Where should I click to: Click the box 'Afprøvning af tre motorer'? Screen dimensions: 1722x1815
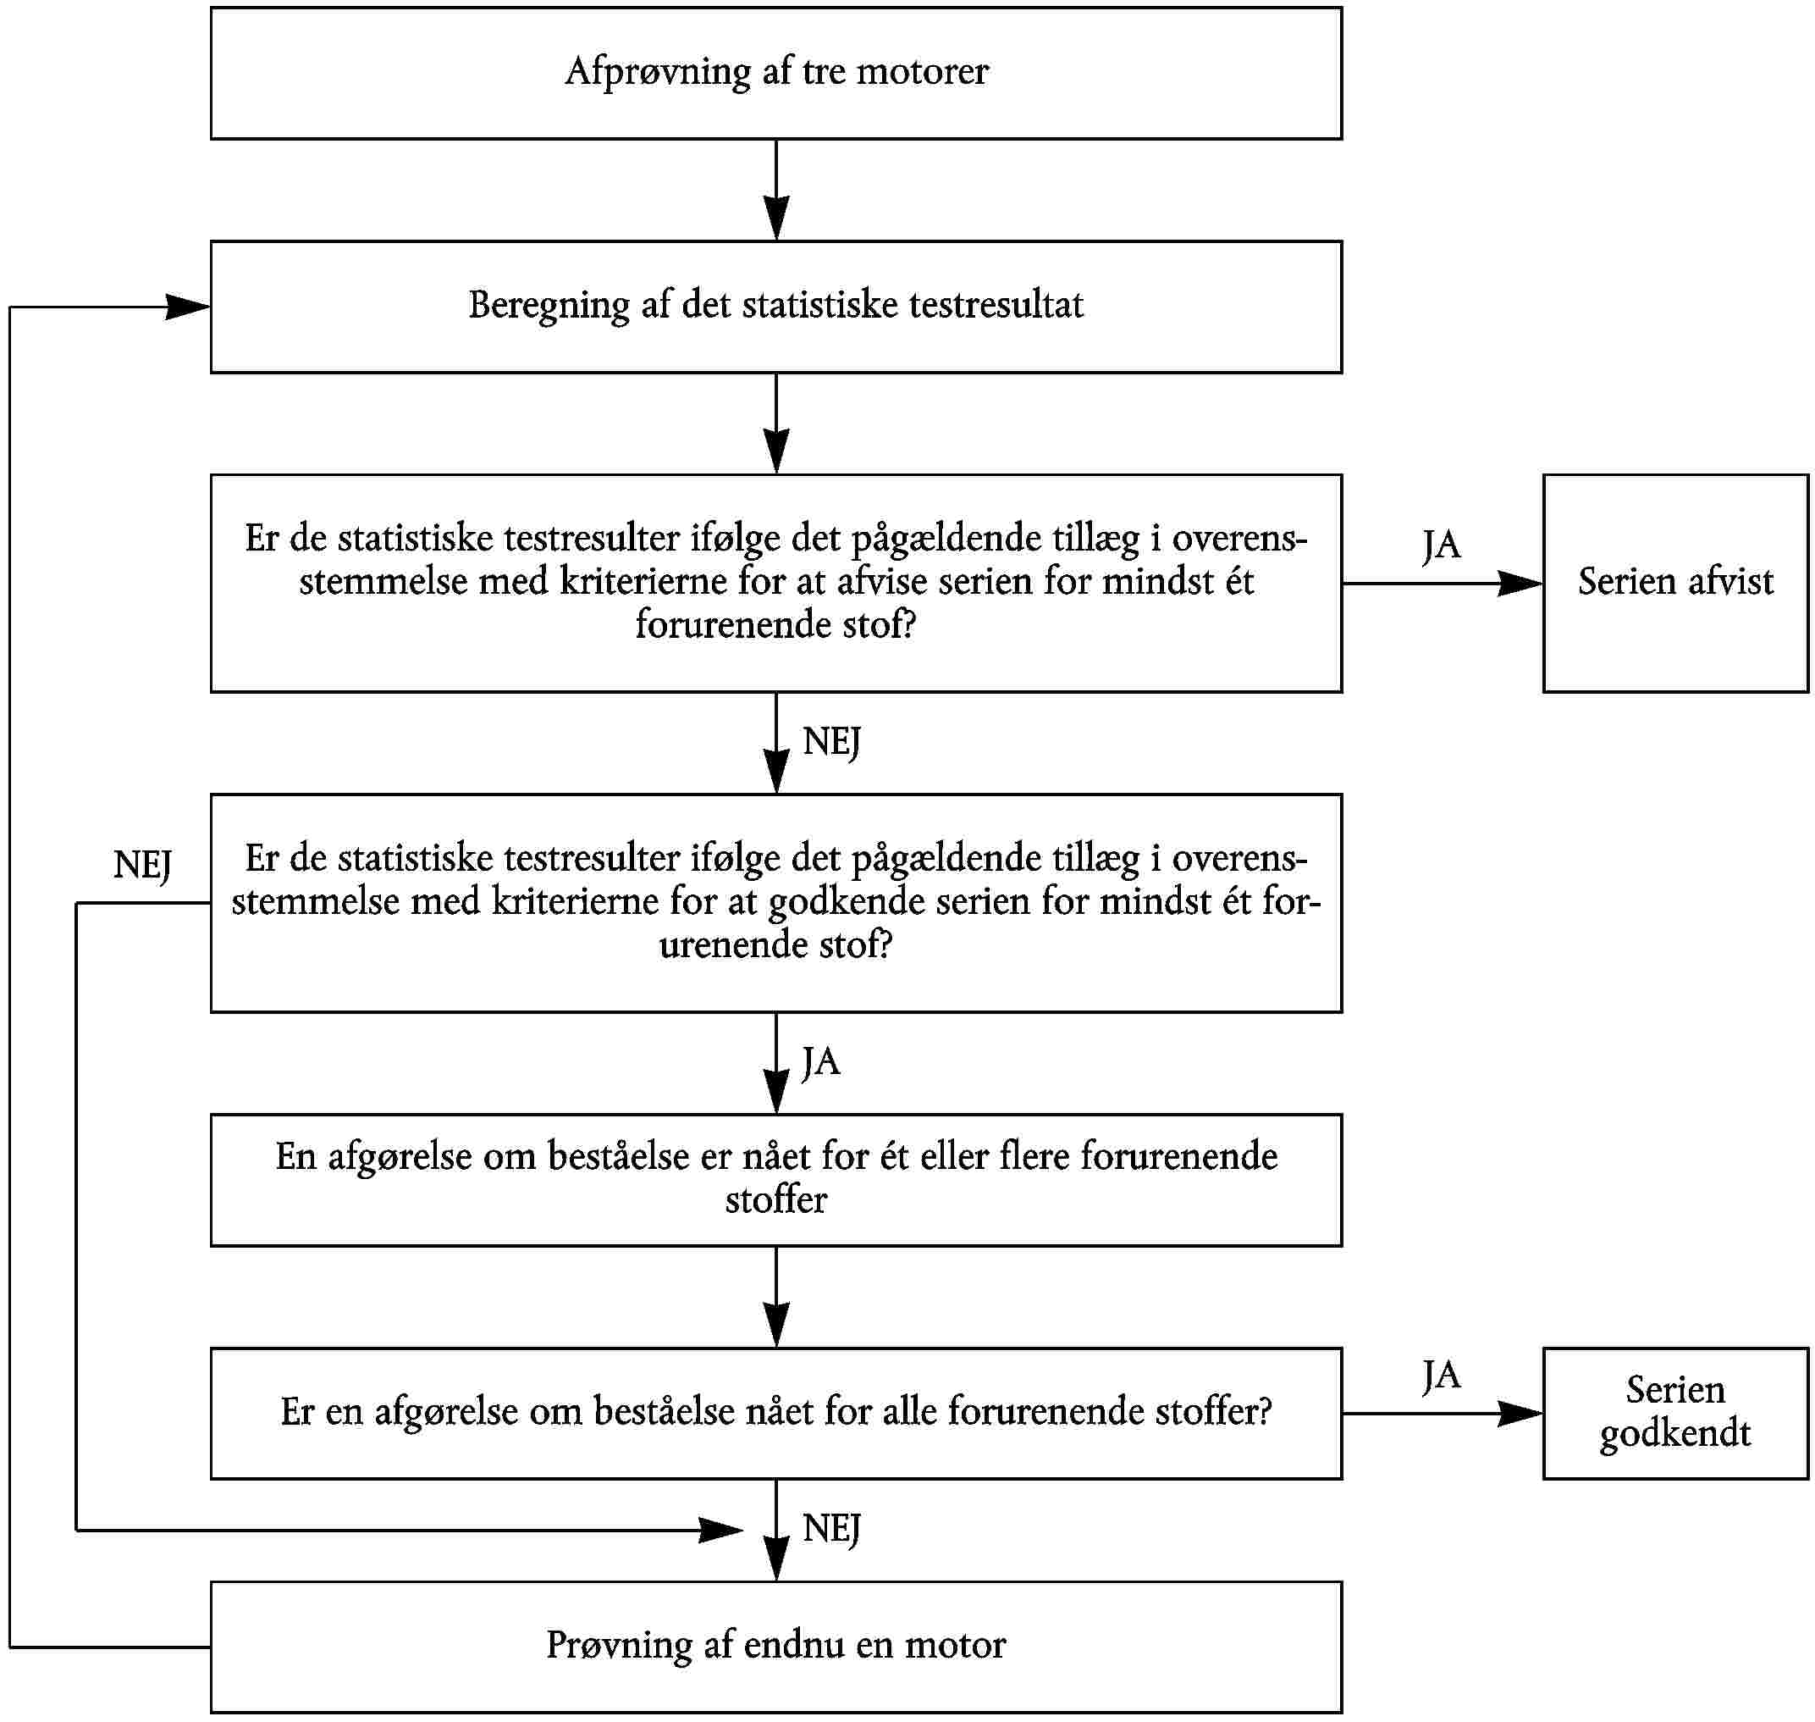point(775,74)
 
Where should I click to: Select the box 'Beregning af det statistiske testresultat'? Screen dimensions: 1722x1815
point(775,307)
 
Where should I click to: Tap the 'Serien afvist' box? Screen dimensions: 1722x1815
point(1674,583)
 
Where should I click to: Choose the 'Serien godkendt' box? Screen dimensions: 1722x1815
point(1674,1413)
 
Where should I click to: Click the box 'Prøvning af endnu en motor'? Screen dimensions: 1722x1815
point(775,1646)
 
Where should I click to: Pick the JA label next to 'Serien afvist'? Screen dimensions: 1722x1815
point(1441,545)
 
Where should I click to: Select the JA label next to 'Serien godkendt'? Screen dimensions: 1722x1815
point(1441,1375)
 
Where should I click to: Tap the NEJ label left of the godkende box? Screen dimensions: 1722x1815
point(142,865)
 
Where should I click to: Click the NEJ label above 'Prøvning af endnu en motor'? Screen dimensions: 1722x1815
point(831,1528)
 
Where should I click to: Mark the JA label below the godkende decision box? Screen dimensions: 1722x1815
point(820,1062)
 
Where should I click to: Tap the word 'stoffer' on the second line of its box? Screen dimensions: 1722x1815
point(775,1200)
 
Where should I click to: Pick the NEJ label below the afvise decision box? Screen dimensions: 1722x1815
point(831,741)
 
